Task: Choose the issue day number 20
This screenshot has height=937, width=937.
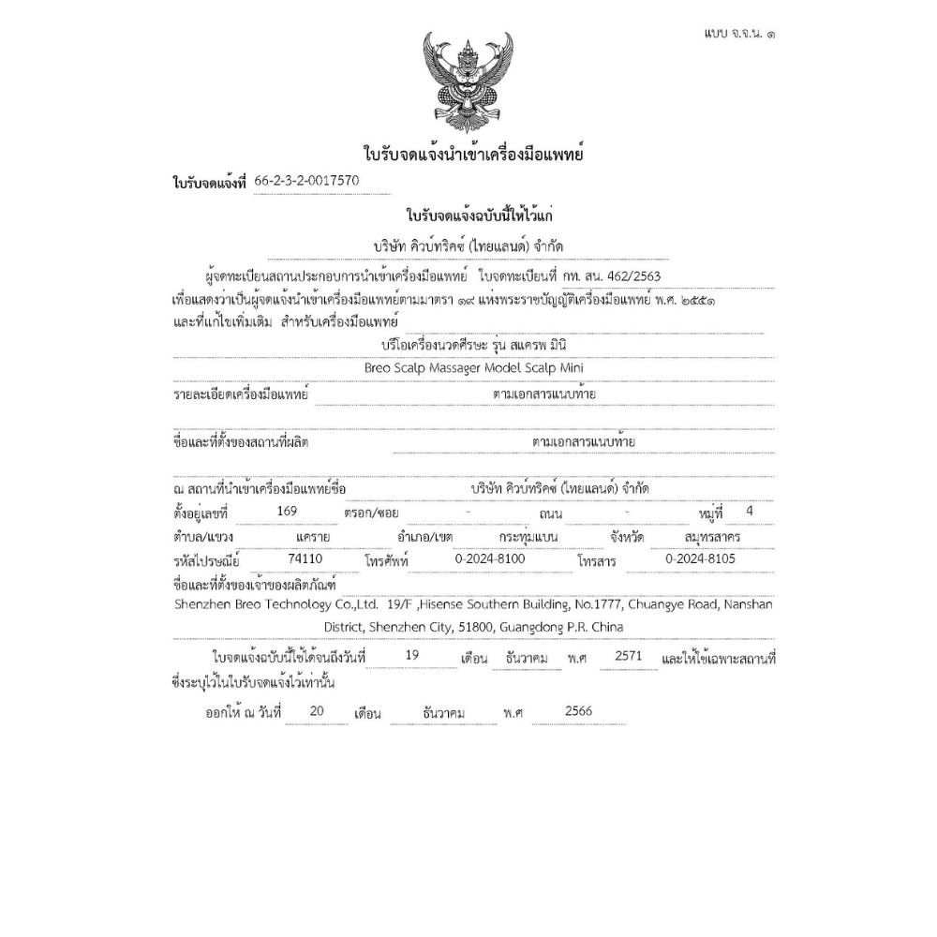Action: coord(316,711)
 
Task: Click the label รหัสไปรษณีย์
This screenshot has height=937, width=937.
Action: coord(207,560)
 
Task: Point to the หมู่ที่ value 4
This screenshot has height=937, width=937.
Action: coord(747,511)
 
